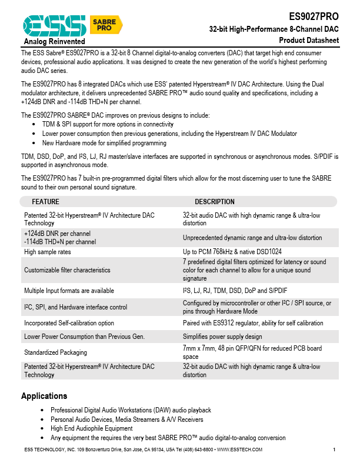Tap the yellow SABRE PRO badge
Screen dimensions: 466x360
click(106, 25)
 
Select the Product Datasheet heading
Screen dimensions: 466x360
click(309, 40)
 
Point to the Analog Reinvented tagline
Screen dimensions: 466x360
click(54, 42)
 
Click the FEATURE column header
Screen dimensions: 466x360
click(45, 202)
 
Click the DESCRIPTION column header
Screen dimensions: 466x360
click(214, 202)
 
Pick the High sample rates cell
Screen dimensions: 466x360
click(48, 251)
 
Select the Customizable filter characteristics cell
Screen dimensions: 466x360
click(67, 270)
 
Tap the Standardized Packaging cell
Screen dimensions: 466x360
click(55, 352)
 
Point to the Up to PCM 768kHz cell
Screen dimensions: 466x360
click(236, 251)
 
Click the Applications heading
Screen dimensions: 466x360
click(44, 396)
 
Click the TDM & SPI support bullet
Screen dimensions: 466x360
click(108, 125)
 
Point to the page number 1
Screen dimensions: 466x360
click(334, 450)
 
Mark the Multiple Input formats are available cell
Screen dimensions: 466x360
click(69, 291)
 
